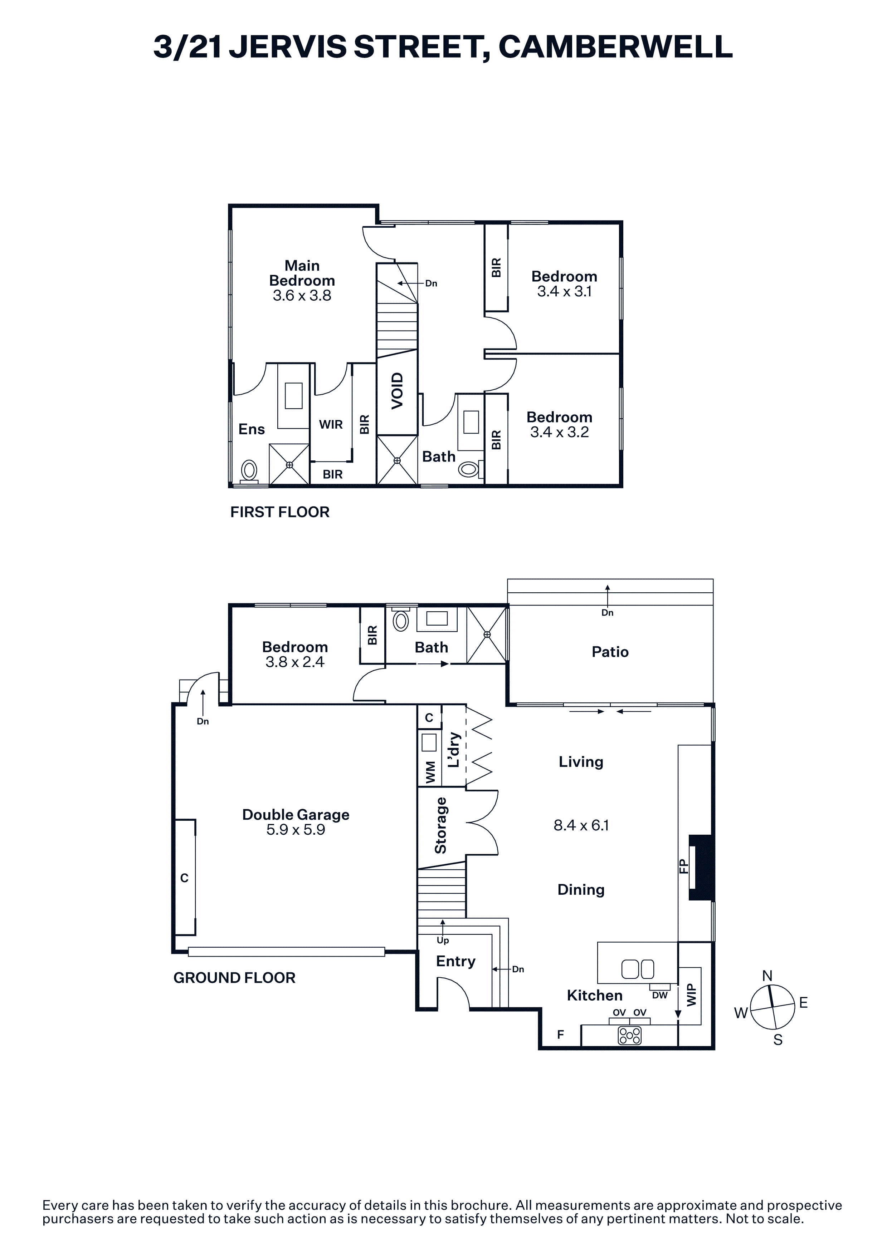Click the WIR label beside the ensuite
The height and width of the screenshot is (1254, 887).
pyautogui.click(x=331, y=424)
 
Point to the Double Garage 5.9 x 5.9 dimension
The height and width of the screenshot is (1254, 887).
pyautogui.click(x=296, y=830)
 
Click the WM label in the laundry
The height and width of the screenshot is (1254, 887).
pyautogui.click(x=430, y=772)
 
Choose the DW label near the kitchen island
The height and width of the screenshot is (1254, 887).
pyautogui.click(x=660, y=995)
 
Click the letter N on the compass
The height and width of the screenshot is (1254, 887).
pyautogui.click(x=767, y=976)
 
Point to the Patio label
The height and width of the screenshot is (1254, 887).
pyautogui.click(x=610, y=652)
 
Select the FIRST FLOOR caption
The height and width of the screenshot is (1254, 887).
pyautogui.click(x=280, y=512)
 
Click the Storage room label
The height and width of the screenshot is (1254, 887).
pyautogui.click(x=440, y=825)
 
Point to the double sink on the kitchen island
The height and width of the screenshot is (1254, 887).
pyautogui.click(x=638, y=969)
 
